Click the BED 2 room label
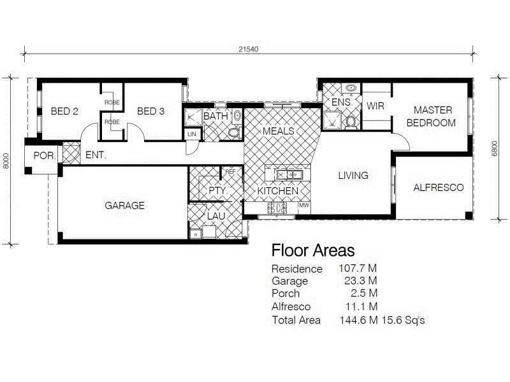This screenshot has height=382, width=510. click(64, 111)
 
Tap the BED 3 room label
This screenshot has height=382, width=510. click(150, 111)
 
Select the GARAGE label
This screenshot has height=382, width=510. click(124, 206)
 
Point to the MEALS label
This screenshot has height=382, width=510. click(279, 131)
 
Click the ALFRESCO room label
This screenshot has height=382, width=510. click(438, 188)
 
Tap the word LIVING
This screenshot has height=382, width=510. click(353, 176)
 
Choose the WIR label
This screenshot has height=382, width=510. click(375, 106)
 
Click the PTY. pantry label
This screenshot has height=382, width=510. click(218, 190)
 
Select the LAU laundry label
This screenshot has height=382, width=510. click(215, 216)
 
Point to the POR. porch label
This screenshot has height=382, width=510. click(44, 155)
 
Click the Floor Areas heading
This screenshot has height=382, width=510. click(312, 250)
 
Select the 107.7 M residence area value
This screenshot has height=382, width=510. click(358, 269)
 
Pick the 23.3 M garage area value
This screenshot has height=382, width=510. click(358, 281)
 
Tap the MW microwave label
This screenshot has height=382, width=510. click(304, 206)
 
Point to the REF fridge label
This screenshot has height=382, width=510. click(231, 172)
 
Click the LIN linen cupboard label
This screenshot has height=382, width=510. click(192, 134)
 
